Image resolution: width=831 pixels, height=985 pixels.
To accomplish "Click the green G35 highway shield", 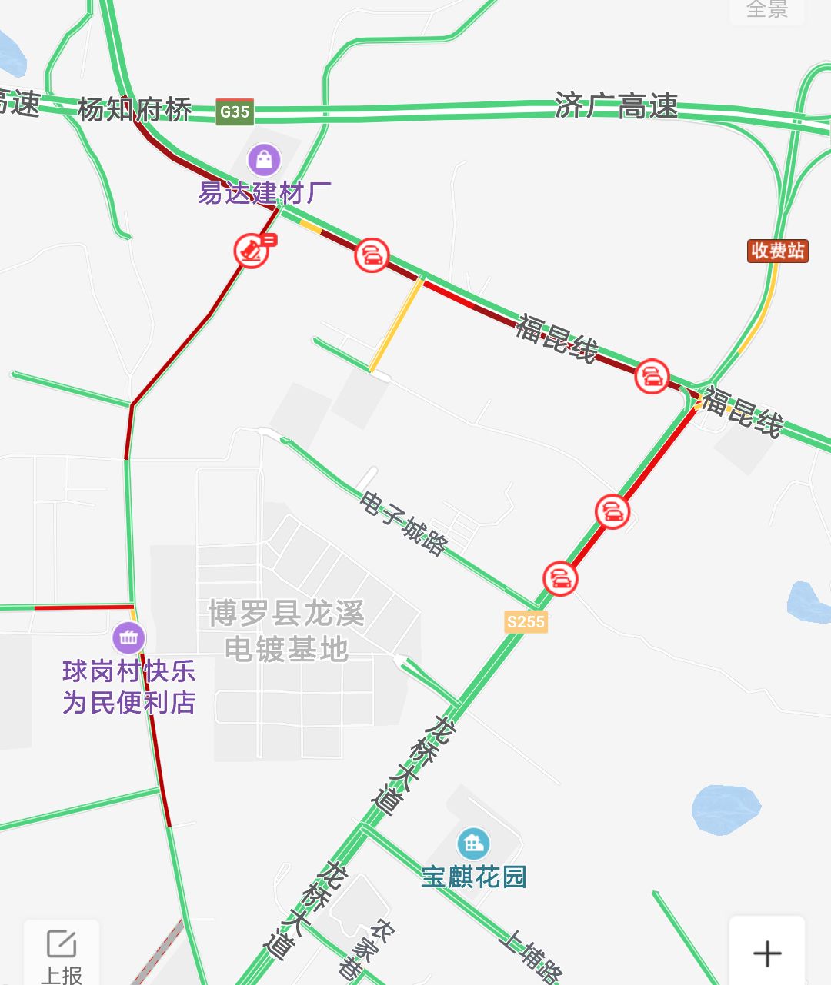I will pyautogui.click(x=235, y=111).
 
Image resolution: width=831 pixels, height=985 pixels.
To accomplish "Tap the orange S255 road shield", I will pyautogui.click(x=526, y=621).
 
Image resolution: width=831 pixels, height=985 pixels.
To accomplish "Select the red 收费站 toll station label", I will pyautogui.click(x=778, y=251).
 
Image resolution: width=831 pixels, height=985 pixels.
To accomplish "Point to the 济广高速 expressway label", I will pyautogui.click(x=616, y=106).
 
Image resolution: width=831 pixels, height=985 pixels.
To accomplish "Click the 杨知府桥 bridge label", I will pyautogui.click(x=135, y=109).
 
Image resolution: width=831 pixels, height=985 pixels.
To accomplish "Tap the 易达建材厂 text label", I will pyautogui.click(x=265, y=192).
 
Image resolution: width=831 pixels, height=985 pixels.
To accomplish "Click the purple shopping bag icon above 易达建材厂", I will pyautogui.click(x=264, y=159).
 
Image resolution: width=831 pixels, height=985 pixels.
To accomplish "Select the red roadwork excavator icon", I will pyautogui.click(x=251, y=250).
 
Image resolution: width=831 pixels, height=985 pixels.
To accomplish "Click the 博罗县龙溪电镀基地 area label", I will pyautogui.click(x=286, y=631).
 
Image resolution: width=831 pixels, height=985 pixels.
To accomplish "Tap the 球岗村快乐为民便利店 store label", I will pyautogui.click(x=128, y=687).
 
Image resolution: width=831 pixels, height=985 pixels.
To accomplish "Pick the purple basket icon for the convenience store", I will pyautogui.click(x=128, y=637).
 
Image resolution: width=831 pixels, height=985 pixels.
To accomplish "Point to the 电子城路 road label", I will pyautogui.click(x=403, y=524).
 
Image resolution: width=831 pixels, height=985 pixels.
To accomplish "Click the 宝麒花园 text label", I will pyautogui.click(x=473, y=877).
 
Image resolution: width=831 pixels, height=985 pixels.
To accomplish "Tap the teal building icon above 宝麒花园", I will pyautogui.click(x=473, y=844).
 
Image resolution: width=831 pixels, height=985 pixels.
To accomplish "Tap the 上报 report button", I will pyautogui.click(x=62, y=953).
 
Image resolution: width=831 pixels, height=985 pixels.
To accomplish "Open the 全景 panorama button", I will pyautogui.click(x=767, y=9).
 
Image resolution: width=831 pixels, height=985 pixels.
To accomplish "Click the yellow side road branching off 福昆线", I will pyautogui.click(x=395, y=325).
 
